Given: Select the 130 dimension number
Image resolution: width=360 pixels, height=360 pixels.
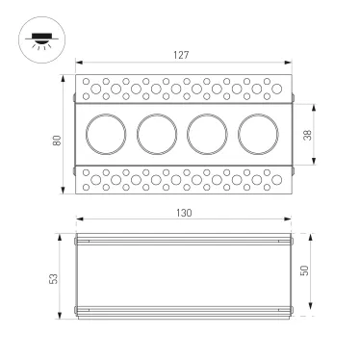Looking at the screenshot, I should pos(182,211).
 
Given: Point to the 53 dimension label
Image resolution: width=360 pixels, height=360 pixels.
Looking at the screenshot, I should pos(54,277).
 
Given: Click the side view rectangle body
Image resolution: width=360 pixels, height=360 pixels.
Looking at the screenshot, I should pos(182,274).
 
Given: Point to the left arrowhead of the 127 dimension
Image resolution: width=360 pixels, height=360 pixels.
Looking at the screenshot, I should pos(78,65).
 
